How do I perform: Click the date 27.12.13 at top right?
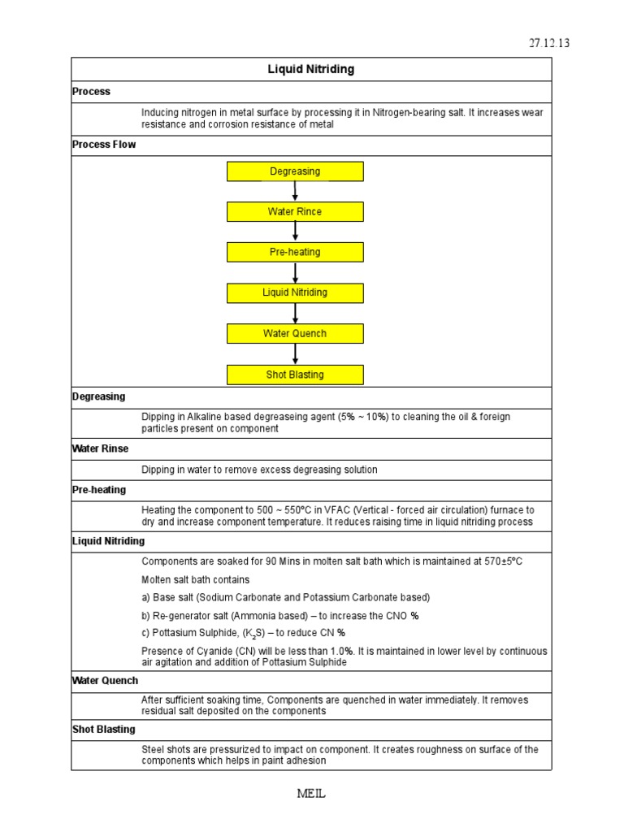[x=548, y=43]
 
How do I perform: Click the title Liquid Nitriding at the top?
[x=311, y=69]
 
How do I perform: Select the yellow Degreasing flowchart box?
[x=295, y=171]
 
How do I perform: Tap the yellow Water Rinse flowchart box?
[x=295, y=212]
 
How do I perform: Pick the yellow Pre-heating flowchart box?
[x=295, y=253]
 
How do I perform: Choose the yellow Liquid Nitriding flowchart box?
[x=295, y=292]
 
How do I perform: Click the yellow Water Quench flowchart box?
[x=295, y=334]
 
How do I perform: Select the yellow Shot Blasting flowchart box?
[x=295, y=375]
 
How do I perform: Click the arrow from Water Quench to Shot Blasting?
[x=295, y=354]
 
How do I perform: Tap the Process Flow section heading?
[x=104, y=145]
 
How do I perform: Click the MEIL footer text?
[x=311, y=794]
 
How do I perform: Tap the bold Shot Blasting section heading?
[x=104, y=730]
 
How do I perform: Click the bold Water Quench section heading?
[x=106, y=681]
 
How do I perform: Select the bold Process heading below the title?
[x=91, y=92]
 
